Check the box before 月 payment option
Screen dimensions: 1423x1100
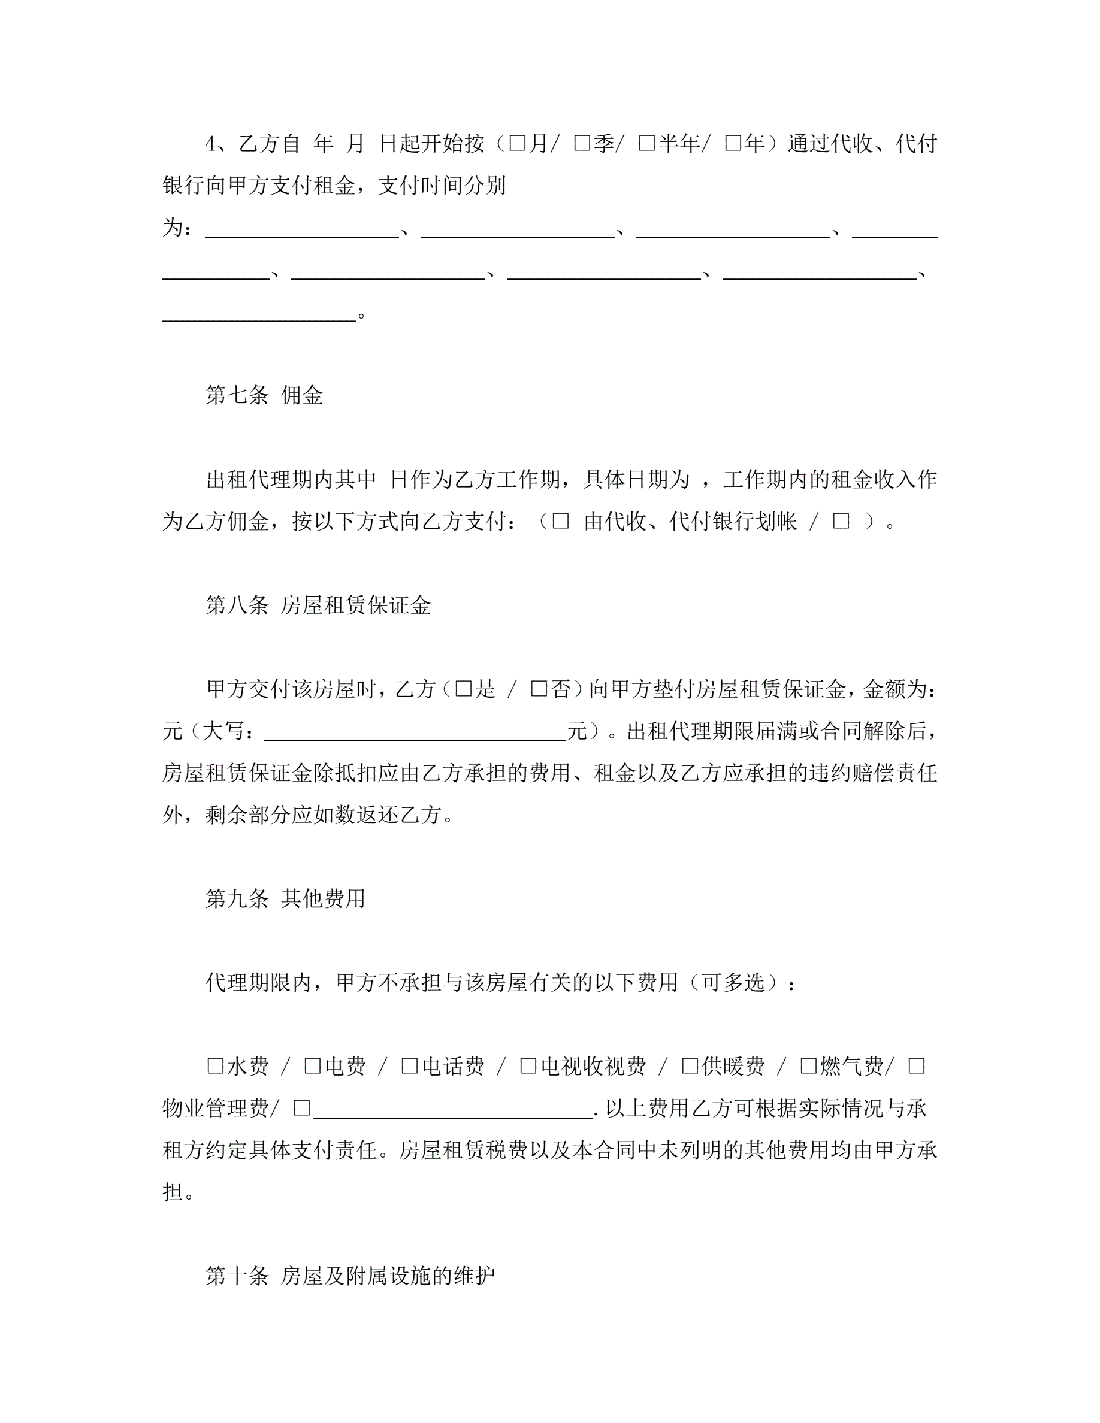pos(517,143)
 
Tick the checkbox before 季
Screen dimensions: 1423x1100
pos(581,143)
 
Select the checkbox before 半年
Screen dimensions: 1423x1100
pos(646,143)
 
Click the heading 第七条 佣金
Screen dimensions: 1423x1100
pos(264,395)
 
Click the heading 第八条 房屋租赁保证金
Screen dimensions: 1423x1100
pos(318,605)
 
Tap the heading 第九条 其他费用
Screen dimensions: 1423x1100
pos(285,898)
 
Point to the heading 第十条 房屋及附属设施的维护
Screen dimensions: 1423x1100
pos(350,1275)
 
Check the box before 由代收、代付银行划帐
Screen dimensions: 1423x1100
pos(560,520)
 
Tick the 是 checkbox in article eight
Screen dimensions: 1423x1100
pos(463,689)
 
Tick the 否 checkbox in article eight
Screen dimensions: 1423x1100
pos(539,689)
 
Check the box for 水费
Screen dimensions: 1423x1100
pos(215,1066)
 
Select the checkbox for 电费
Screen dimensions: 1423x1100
pos(312,1066)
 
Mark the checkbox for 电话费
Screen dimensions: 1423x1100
pos(409,1066)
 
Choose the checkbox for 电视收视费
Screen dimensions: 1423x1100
pos(528,1066)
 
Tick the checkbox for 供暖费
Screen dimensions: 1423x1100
pos(690,1066)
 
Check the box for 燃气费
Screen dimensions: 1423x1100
pos(808,1066)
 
